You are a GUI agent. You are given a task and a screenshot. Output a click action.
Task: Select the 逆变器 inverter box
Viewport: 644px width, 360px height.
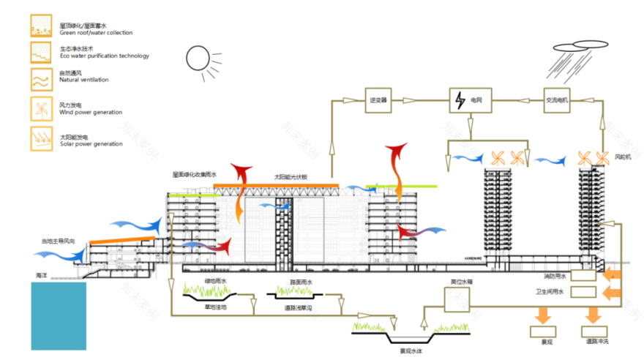tap(378, 98)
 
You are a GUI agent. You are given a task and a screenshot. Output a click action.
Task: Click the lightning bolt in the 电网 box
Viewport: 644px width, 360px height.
tap(460, 99)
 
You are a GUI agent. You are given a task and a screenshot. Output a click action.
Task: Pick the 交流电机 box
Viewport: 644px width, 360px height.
tap(557, 98)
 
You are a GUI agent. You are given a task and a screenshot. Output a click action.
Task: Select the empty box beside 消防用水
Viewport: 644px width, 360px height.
tap(583, 277)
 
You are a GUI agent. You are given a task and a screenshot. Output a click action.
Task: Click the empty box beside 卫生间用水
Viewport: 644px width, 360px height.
tap(583, 292)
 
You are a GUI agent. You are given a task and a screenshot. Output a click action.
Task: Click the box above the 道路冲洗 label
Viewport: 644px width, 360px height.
tap(594, 331)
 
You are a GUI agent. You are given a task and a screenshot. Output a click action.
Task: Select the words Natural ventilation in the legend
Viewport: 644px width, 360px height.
tap(83, 80)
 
